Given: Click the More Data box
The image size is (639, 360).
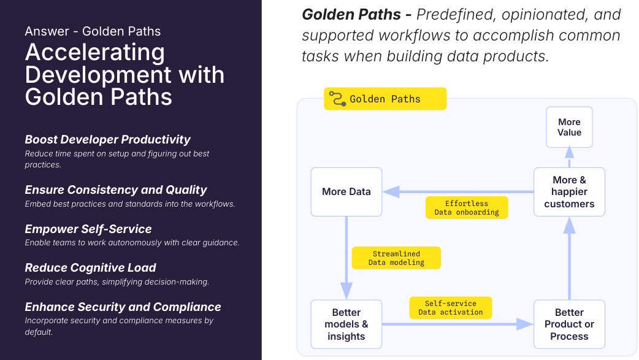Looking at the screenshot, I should [x=346, y=192].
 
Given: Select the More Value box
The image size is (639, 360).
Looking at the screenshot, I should [x=569, y=127].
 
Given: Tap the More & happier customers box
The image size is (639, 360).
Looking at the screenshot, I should [x=569, y=192].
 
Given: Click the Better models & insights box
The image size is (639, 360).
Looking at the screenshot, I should [x=346, y=324].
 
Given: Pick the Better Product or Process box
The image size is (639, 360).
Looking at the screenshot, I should [x=569, y=324].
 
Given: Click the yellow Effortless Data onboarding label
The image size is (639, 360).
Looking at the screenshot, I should [x=467, y=207].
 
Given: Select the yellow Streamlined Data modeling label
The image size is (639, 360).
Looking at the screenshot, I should [x=396, y=258].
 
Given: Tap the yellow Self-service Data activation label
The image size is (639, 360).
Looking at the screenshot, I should [x=450, y=308].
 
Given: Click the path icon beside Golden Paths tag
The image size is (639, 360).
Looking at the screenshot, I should [x=337, y=99].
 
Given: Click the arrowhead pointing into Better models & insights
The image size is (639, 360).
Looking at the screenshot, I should [x=346, y=292].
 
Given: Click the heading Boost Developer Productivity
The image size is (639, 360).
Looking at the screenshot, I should [x=107, y=139].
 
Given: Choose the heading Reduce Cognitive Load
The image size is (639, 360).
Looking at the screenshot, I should [x=90, y=267].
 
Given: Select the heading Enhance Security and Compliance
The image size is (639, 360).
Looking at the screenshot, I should [x=123, y=307].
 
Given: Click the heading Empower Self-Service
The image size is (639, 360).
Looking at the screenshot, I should [x=88, y=229].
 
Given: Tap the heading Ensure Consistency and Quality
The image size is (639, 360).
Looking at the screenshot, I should [x=115, y=190].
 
